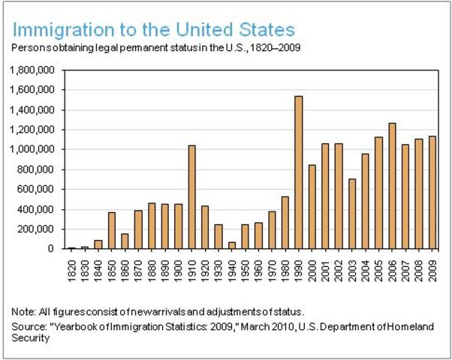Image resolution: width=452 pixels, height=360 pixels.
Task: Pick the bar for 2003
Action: pyautogui.click(x=351, y=214)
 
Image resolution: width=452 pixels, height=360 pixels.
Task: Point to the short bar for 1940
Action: pyautogui.click(x=232, y=245)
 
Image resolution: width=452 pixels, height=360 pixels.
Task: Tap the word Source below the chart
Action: pyautogui.click(x=29, y=327)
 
